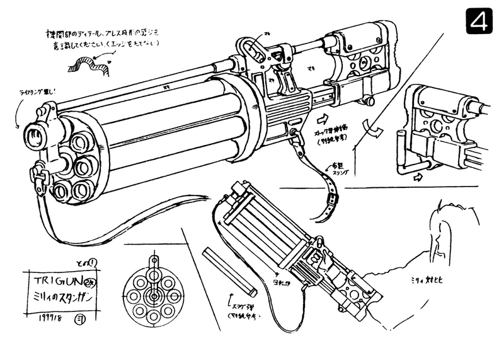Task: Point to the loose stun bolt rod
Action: point(229,271)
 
